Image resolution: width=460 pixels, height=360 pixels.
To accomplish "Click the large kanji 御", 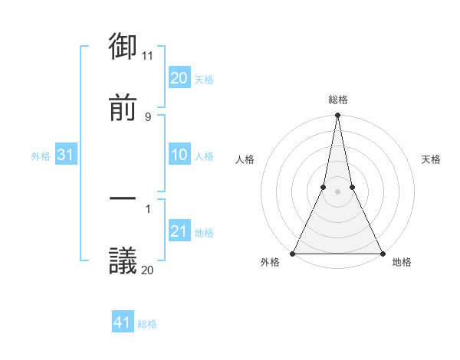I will point(123,47).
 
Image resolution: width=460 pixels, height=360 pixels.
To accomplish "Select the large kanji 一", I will point(123,200).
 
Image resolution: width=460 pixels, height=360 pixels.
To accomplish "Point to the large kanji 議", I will point(123,260).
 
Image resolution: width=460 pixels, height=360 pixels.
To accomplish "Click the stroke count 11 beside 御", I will point(148,56).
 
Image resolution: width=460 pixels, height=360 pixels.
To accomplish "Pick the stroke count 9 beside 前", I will point(148,116).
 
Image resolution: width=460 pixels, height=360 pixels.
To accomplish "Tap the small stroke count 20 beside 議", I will point(148,270).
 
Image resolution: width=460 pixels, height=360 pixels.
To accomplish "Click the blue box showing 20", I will point(179,78).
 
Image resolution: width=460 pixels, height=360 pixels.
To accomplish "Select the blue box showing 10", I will point(179,155).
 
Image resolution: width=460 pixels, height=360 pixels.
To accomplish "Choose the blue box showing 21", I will point(179,231).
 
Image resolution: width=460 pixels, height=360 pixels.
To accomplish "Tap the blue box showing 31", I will point(66,155).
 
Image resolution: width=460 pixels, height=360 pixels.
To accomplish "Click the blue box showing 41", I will point(123,322).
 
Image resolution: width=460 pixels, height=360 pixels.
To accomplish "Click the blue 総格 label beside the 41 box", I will point(147,324).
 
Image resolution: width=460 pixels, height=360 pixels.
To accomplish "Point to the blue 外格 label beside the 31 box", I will point(41,156).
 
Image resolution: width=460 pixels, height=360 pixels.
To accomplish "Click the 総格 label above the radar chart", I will point(338,100).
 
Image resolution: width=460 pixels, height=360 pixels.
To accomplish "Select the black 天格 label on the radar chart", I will point(432,159).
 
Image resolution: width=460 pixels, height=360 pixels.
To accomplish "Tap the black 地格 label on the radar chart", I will point(402,262).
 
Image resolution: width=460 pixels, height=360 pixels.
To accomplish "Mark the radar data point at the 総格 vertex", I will point(337,116).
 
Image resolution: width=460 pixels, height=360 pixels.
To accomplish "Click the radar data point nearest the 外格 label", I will point(293,253).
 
